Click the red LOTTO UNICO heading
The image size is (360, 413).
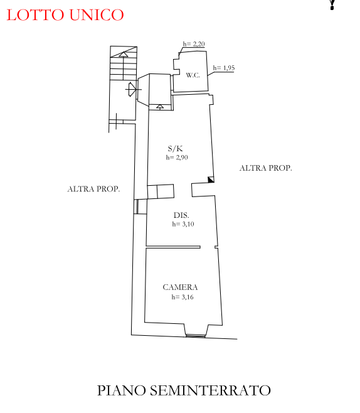click(65, 15)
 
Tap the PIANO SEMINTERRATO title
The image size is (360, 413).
click(184, 390)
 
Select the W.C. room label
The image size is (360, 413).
click(193, 75)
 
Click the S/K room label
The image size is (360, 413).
click(175, 149)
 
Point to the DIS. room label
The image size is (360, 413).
click(181, 215)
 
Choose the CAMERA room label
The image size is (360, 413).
click(180, 287)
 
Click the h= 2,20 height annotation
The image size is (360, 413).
click(194, 44)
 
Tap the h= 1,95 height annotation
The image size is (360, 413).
click(224, 68)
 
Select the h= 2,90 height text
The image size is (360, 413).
click(177, 158)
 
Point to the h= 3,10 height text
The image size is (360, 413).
click(183, 224)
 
